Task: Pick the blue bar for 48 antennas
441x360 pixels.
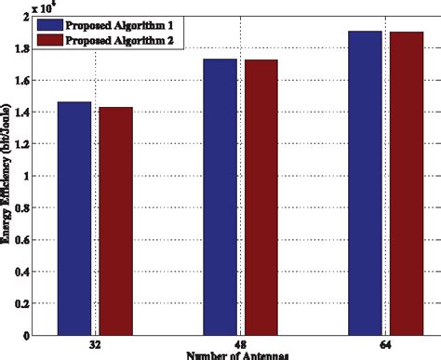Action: pyautogui.click(x=220, y=196)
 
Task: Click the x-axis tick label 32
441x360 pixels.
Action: pyautogui.click(x=95, y=344)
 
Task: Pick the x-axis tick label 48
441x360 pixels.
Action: pyautogui.click(x=240, y=344)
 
